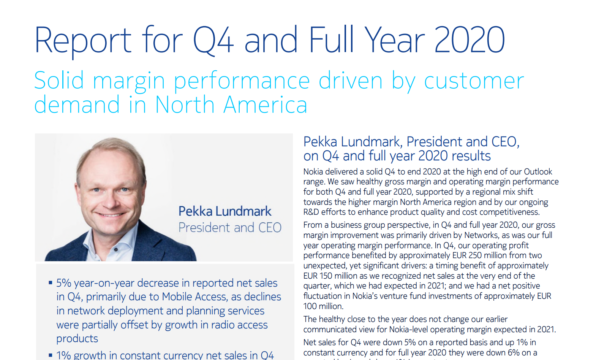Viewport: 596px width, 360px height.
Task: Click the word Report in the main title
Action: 83,40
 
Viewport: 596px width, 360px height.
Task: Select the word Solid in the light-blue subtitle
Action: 59,81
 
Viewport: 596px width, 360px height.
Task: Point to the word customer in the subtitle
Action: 474,81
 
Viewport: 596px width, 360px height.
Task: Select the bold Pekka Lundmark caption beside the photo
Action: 225,211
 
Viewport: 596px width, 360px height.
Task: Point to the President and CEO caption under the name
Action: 230,227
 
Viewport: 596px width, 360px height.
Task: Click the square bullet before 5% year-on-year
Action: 51,283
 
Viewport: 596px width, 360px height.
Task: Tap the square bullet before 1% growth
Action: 51,355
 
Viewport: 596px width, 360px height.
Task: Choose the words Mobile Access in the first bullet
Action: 195,297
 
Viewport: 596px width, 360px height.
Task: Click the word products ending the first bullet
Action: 77,339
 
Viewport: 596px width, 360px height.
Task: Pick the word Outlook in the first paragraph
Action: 538,172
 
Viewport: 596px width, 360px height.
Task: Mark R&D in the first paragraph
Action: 311,212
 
